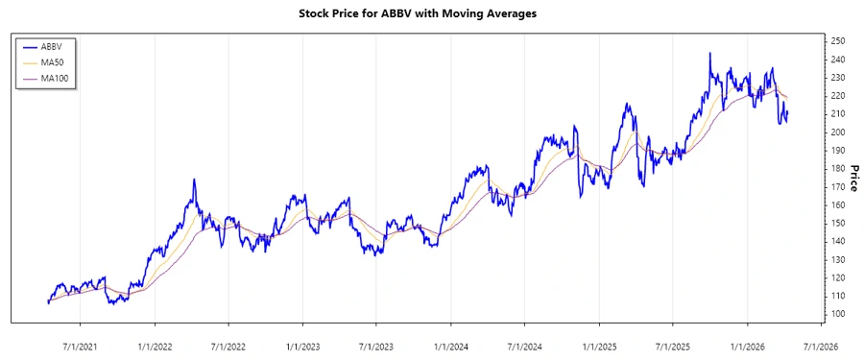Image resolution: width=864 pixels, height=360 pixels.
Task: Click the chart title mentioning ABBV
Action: coord(432,14)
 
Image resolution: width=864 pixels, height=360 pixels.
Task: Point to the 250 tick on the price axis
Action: coord(837,41)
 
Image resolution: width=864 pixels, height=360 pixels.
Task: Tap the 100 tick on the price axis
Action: coord(837,314)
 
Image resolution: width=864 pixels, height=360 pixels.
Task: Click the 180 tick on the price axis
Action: coord(837,169)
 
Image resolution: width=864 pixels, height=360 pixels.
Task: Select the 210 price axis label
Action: coord(837,114)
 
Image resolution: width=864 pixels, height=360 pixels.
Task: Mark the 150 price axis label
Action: coord(837,224)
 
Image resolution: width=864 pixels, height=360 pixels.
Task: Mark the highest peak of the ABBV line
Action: coord(710,54)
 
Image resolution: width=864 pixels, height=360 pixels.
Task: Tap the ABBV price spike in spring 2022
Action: coord(194,180)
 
